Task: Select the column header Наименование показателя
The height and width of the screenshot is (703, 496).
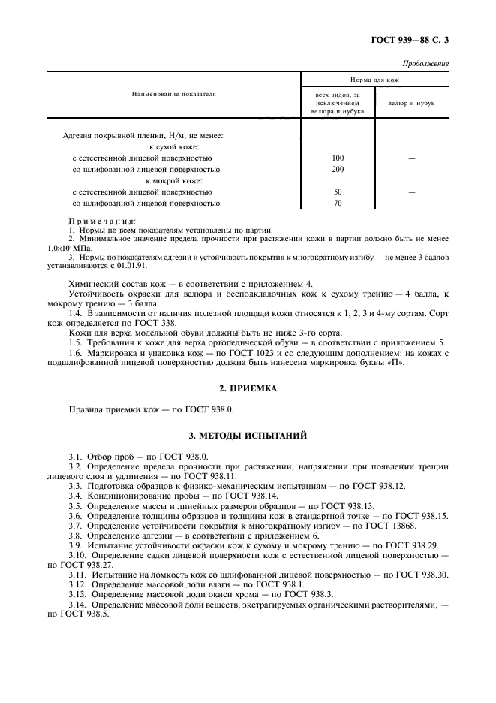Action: coord(173,95)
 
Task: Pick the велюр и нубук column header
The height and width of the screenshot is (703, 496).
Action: coord(411,103)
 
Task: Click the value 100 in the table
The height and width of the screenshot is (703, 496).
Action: coord(337,158)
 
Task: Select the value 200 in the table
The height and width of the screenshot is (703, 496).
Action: coord(337,170)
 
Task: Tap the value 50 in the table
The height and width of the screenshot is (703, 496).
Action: coord(337,192)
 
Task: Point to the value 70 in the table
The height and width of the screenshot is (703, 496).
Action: coord(337,203)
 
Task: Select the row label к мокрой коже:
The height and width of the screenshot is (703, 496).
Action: coord(175,180)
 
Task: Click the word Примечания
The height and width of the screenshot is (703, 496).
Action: coord(102,221)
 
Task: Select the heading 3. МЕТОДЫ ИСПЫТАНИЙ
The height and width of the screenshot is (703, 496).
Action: coord(248,435)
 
